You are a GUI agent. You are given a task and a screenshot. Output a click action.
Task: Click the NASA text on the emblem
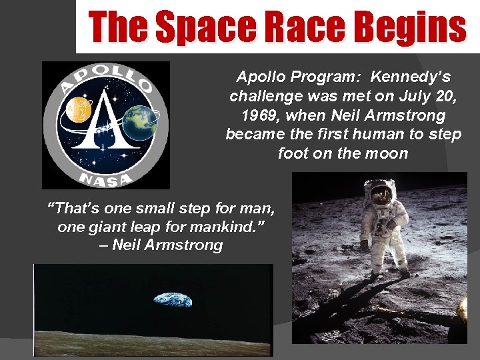click(105, 178)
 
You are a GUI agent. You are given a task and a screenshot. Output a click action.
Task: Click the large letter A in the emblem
click(105, 123)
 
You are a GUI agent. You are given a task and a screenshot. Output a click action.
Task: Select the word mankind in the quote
click(225, 227)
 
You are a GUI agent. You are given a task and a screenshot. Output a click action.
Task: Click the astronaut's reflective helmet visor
click(381, 194)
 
